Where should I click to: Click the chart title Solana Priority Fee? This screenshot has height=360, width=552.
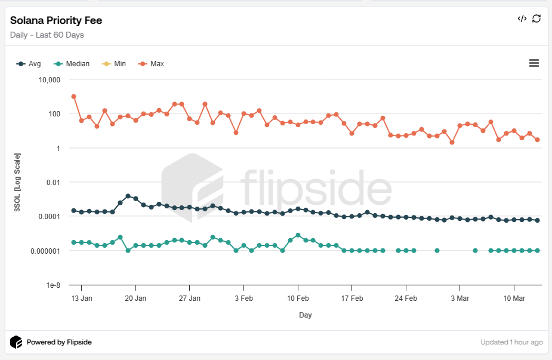[x=56, y=20]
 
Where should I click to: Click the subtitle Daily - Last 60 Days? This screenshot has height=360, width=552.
[x=47, y=35]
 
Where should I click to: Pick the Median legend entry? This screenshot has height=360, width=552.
[x=72, y=64]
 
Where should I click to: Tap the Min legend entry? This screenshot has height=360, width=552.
[x=115, y=64]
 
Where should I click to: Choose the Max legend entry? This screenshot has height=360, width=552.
[x=152, y=64]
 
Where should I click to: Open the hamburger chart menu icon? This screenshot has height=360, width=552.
[x=534, y=63]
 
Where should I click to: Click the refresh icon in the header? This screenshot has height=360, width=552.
[x=536, y=19]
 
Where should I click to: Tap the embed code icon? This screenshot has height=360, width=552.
[x=522, y=19]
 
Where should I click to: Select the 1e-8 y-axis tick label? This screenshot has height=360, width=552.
[x=54, y=285]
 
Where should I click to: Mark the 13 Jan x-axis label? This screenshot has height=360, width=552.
[x=81, y=299]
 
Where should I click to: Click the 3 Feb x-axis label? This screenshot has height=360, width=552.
[x=243, y=299]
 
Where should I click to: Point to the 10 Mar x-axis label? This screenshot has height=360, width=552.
[x=514, y=299]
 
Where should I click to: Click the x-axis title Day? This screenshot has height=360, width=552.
[x=306, y=315]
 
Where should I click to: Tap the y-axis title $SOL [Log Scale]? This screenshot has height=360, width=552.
[x=18, y=182]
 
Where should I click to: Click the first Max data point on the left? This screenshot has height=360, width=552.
[x=73, y=96]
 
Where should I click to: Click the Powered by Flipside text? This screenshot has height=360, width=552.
[x=58, y=343]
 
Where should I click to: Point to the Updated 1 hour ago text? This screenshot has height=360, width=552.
[x=511, y=343]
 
